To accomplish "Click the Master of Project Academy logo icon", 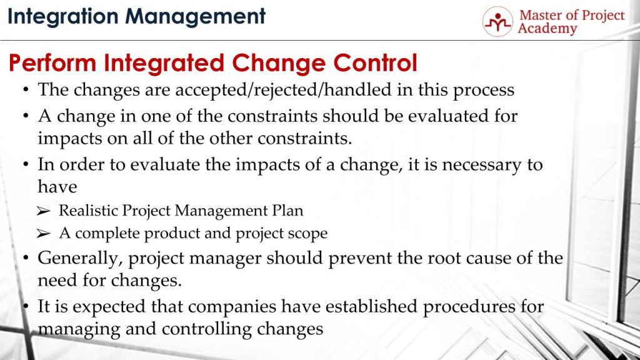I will [497, 21].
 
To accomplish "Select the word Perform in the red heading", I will [52, 63].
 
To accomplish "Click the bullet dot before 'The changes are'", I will [26, 90].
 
